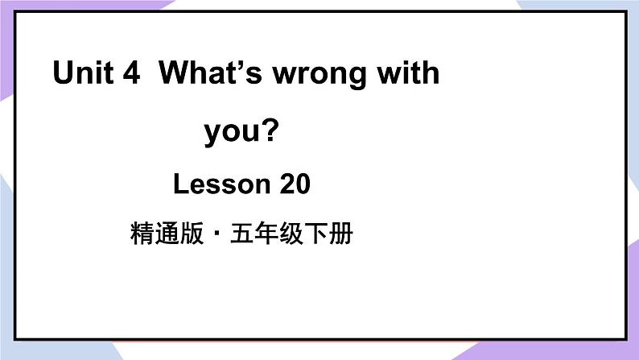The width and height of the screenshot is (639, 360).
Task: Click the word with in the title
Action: click(x=410, y=74)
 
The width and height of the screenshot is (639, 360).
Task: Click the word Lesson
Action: click(x=221, y=185)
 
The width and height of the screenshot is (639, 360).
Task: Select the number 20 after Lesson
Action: click(x=295, y=185)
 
